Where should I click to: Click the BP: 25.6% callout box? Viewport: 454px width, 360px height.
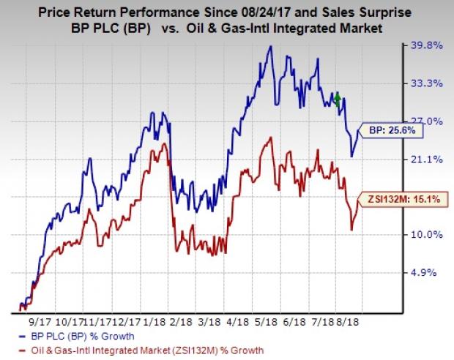[385, 130]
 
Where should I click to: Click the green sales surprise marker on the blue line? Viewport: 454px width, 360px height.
[337, 100]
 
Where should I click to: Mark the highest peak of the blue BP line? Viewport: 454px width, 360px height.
[271, 47]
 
